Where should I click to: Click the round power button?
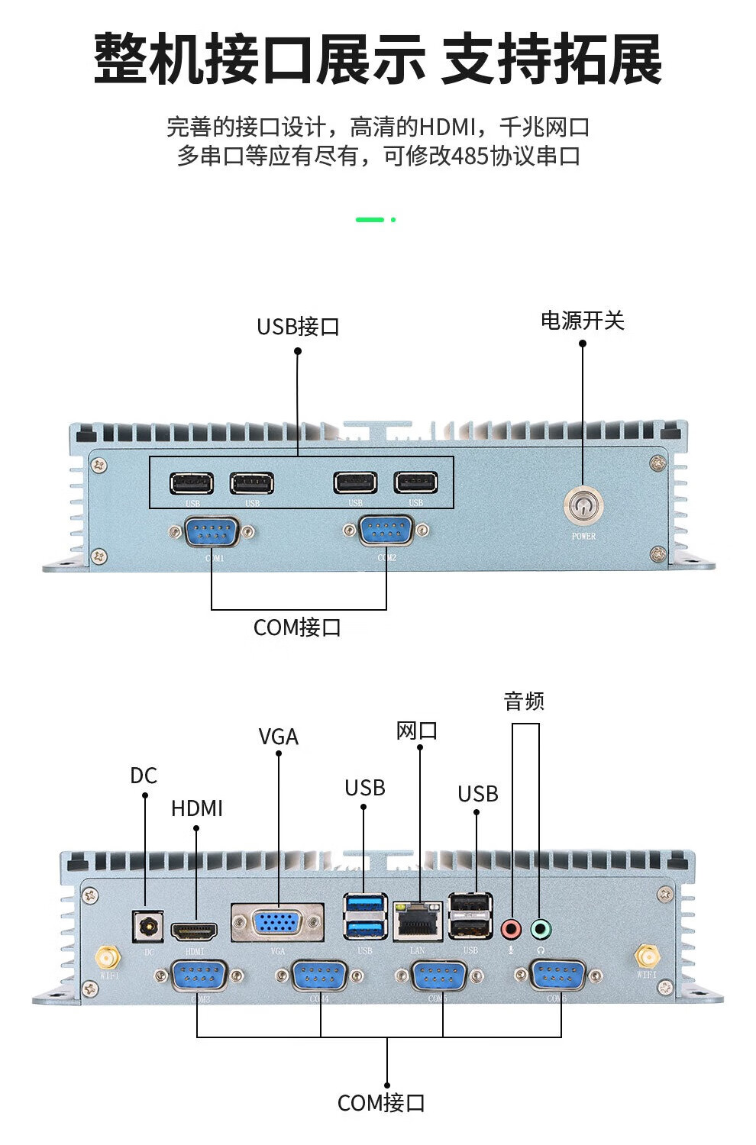(583, 507)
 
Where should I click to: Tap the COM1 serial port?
(212, 531)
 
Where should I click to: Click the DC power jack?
(147, 927)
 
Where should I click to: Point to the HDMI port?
(194, 931)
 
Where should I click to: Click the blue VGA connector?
(277, 923)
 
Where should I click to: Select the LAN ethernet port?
(418, 921)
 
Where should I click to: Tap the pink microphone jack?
(510, 929)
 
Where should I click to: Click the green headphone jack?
(541, 929)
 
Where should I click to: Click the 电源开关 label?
(582, 321)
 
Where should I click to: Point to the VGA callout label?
(278, 737)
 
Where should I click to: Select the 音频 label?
(524, 701)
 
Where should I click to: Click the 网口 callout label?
(417, 731)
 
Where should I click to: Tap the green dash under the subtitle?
(370, 220)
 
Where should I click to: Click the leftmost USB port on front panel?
(192, 483)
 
